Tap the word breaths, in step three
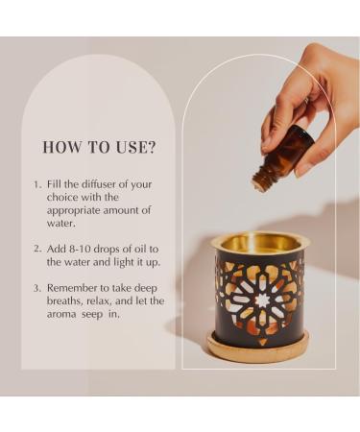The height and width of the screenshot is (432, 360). point(66,300)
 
